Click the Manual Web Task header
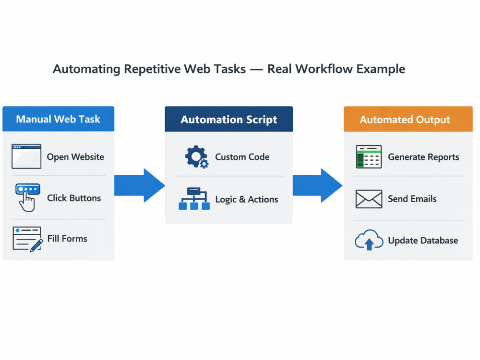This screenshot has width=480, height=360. click(x=58, y=119)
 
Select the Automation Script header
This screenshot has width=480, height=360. click(x=228, y=119)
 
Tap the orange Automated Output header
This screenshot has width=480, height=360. click(x=408, y=119)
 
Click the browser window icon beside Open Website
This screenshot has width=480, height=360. click(x=26, y=156)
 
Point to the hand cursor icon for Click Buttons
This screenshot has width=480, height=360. click(x=27, y=197)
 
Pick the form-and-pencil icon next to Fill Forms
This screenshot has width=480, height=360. click(x=27, y=239)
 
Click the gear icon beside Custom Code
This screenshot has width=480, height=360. click(x=197, y=157)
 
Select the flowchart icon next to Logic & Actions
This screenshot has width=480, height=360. click(x=194, y=198)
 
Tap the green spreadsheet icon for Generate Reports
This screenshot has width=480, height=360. click(x=369, y=157)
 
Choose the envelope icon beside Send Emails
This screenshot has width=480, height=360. click(x=369, y=199)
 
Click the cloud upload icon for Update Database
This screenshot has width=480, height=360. click(x=369, y=240)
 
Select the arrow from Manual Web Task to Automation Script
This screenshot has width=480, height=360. click(x=140, y=185)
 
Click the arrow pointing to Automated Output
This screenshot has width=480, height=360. click(x=317, y=185)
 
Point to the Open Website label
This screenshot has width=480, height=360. click(x=75, y=157)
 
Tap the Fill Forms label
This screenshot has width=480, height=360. click(x=67, y=239)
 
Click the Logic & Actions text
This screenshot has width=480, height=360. click(x=247, y=199)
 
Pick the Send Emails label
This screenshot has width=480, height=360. click(x=412, y=199)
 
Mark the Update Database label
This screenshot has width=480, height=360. click(x=423, y=240)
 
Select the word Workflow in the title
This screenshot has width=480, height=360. click(x=324, y=69)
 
